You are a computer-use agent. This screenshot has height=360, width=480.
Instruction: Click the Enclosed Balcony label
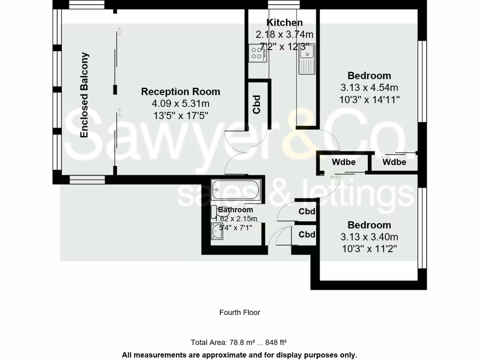tap(84, 95)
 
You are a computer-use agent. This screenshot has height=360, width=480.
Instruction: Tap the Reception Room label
tap(180, 91)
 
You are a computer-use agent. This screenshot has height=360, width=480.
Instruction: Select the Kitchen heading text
tap(284, 22)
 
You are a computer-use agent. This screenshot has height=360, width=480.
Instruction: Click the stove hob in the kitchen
tap(257, 53)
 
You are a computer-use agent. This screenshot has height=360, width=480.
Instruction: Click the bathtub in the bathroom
tap(235, 189)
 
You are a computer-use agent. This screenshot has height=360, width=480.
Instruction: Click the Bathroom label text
tap(235, 210)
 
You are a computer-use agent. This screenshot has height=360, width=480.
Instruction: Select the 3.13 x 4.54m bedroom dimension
tap(369, 88)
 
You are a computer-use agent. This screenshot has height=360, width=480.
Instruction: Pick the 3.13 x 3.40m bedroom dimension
tap(369, 237)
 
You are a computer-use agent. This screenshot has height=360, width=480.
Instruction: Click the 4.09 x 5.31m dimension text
tap(180, 104)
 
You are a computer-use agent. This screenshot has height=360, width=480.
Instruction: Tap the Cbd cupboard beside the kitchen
tap(256, 105)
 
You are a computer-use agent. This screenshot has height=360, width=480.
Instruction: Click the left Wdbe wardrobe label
tap(344, 163)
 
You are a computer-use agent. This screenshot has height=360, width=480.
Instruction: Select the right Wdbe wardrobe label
tap(394, 163)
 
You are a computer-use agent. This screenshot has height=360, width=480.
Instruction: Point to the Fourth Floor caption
tap(240, 312)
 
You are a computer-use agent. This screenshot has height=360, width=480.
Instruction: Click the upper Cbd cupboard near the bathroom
tap(307, 211)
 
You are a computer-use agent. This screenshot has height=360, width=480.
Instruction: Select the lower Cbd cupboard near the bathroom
tap(307, 234)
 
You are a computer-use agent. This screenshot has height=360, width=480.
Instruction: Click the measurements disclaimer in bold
tap(240, 355)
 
